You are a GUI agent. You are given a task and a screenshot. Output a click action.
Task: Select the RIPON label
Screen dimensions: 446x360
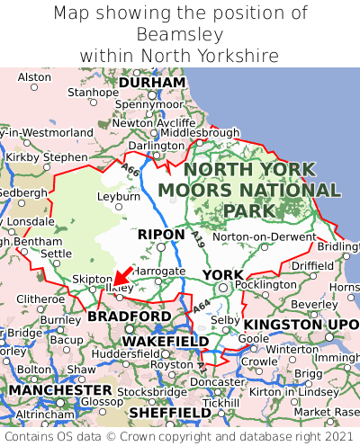click(x=160, y=235)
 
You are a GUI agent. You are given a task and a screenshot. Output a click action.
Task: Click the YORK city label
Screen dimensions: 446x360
click(x=222, y=274)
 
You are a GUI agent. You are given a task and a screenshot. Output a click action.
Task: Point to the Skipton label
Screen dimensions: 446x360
click(x=92, y=280)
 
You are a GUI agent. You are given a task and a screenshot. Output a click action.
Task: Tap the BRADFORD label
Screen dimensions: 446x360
click(x=129, y=317)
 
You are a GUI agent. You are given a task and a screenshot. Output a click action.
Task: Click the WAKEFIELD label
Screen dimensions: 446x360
click(x=165, y=342)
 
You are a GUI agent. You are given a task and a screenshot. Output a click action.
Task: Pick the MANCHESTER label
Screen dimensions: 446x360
click(x=59, y=391)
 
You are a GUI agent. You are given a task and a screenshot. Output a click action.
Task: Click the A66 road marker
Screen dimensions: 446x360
click(x=131, y=170)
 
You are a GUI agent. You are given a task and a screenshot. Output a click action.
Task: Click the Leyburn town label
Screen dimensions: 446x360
click(x=119, y=195)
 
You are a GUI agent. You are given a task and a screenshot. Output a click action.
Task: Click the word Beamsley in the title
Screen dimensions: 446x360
click(x=179, y=34)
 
